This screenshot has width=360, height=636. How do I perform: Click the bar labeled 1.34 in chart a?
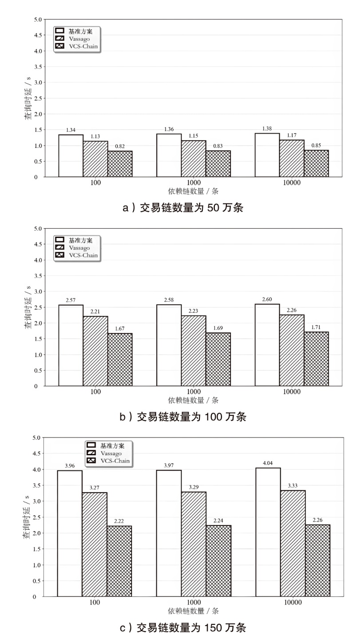click(x=71, y=156)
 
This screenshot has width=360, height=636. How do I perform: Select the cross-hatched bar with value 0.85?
click(x=316, y=163)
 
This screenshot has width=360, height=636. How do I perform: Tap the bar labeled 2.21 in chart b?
click(x=95, y=351)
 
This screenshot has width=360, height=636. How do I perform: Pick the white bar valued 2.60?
click(x=267, y=345)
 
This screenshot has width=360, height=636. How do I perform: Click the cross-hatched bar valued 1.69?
click(x=218, y=359)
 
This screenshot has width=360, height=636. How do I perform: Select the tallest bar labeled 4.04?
click(x=268, y=533)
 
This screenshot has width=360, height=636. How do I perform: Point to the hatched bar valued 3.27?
click(x=95, y=545)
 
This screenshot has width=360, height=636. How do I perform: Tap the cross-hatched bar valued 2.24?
click(x=218, y=561)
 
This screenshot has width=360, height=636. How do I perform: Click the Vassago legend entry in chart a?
click(x=73, y=39)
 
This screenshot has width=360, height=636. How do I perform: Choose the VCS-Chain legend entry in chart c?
click(x=108, y=461)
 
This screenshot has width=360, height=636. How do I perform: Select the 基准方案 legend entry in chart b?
click(x=74, y=240)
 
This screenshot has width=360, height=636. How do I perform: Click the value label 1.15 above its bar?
click(x=194, y=136)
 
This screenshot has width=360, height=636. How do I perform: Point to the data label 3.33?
click(x=293, y=485)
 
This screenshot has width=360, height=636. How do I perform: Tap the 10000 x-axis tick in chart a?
click(x=292, y=183)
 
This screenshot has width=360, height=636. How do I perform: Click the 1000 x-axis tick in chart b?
click(x=194, y=392)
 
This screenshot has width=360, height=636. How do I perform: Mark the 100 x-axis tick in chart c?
click(x=95, y=602)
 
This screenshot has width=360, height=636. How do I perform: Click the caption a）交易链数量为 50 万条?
click(x=183, y=208)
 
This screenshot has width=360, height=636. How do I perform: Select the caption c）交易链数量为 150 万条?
click(x=183, y=628)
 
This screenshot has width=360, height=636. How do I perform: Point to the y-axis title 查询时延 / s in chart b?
click(x=28, y=307)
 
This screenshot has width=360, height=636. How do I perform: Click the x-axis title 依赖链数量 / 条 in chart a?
click(x=193, y=191)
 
